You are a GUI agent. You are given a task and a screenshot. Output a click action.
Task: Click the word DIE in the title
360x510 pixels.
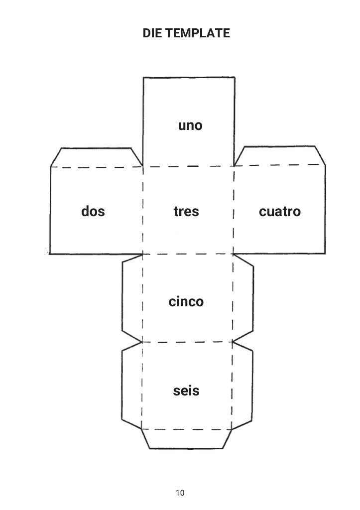pyautogui.click(x=152, y=33)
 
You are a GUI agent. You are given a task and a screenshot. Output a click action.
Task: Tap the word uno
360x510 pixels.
pyautogui.click(x=190, y=126)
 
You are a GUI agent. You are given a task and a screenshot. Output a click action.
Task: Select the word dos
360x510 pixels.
pyautogui.click(x=93, y=212)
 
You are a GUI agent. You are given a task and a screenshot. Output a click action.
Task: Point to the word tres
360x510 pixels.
pyautogui.click(x=186, y=212)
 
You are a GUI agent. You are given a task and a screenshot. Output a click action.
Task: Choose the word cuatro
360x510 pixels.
pyautogui.click(x=280, y=212)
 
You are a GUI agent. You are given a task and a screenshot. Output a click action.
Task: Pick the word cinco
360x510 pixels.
pyautogui.click(x=186, y=302)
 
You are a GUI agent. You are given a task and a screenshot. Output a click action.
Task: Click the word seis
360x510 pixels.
pyautogui.click(x=186, y=391)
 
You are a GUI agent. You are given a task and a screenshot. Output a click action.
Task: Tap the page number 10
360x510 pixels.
pyautogui.click(x=180, y=493)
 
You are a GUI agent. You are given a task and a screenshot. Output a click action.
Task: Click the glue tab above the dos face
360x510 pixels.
pyautogui.click(x=96, y=157)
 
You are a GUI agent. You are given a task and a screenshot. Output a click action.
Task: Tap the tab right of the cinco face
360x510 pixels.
pyautogui.click(x=243, y=298)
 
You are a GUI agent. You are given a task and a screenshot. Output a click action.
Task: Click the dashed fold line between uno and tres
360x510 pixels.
pyautogui.click(x=188, y=166)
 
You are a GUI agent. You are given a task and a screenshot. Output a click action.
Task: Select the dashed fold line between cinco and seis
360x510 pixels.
pyautogui.click(x=187, y=342)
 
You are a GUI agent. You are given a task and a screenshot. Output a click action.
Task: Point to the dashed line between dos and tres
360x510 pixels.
pyautogui.click(x=143, y=212)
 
